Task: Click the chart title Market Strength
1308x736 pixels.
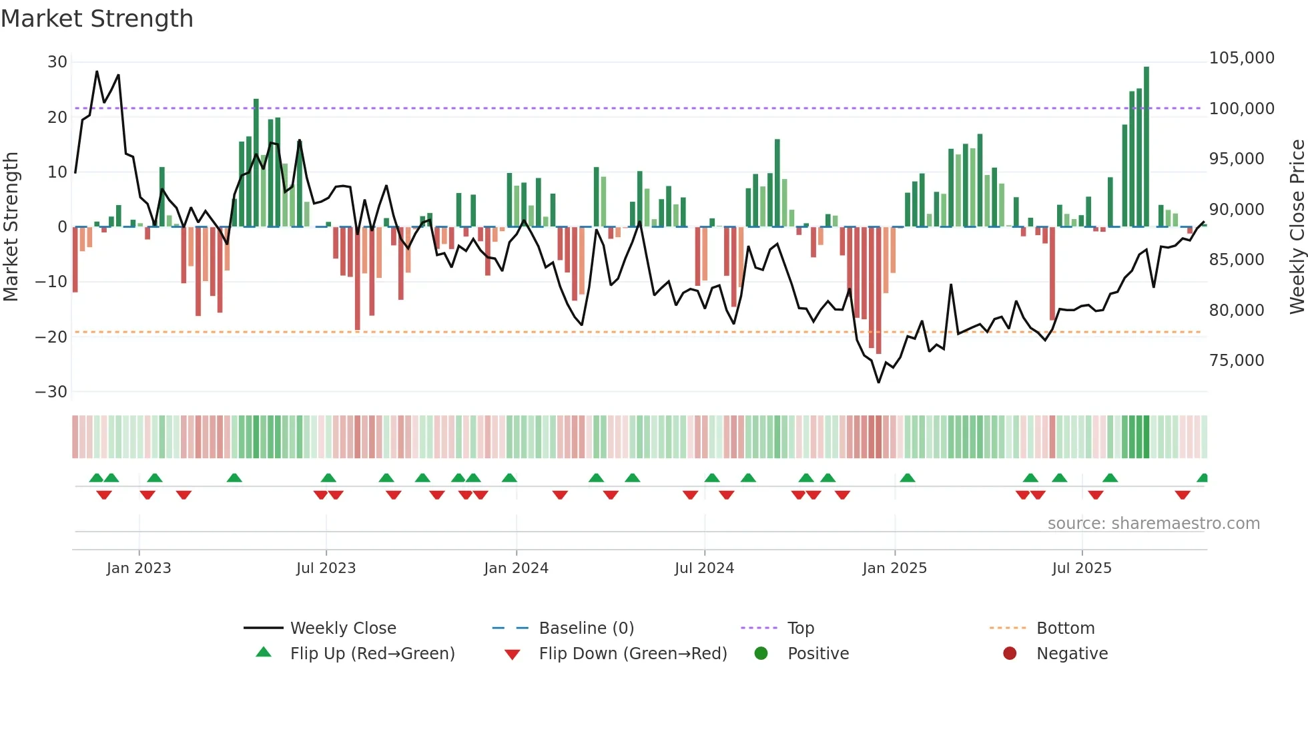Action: click(97, 19)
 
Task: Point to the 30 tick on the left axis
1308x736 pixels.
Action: click(57, 62)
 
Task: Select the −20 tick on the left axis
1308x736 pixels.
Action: click(51, 337)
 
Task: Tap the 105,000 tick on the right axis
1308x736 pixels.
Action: click(1241, 58)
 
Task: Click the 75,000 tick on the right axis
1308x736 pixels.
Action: click(1237, 361)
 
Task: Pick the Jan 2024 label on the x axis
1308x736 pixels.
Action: click(516, 568)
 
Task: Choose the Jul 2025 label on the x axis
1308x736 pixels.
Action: click(1082, 568)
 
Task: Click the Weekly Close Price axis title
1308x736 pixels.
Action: click(1297, 227)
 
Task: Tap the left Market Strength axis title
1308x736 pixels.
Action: click(11, 227)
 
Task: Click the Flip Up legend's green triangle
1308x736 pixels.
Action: click(264, 653)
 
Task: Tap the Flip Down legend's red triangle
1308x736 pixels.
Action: click(513, 655)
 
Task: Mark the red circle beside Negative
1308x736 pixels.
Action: click(1010, 653)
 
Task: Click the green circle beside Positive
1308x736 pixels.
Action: click(761, 653)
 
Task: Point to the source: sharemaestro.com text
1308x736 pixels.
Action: click(1153, 524)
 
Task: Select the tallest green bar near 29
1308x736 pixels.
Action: click(1147, 147)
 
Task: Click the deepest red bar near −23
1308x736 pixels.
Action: click(878, 291)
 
